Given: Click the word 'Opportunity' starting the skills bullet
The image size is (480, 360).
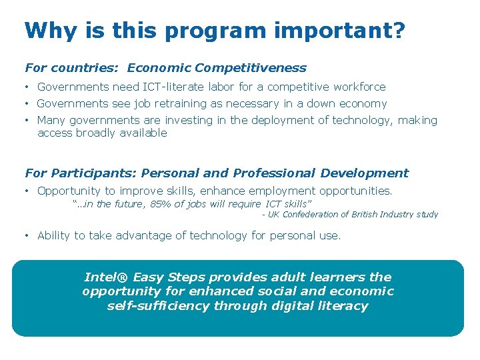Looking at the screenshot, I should click(68, 191).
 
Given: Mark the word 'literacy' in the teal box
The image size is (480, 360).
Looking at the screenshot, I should click(342, 306).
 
